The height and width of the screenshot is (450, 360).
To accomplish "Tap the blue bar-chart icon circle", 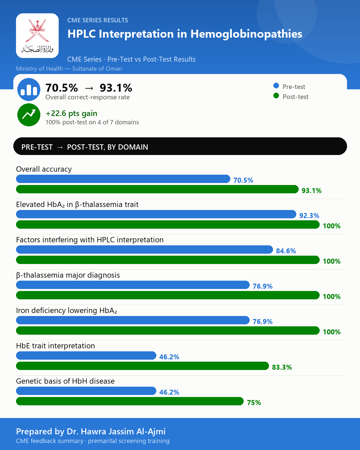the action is coord(29,89).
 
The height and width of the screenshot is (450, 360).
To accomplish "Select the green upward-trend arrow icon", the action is coord(29,115).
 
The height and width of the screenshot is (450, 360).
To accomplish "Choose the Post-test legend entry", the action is coord(291,97).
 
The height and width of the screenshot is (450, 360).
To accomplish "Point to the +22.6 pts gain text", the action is coord(71,113).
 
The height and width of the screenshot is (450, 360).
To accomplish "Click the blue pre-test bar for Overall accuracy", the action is coord(123,179).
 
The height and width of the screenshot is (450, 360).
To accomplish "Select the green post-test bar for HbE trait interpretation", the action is coord(142,366).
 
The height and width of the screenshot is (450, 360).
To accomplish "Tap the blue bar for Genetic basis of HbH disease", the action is coord(86,391).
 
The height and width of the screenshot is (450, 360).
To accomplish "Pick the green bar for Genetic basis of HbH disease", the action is coord(130,401).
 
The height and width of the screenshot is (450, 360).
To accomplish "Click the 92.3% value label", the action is coord(309,216).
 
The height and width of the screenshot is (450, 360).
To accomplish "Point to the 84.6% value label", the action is coord(286,251).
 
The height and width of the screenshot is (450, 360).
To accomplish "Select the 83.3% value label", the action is coord(282,367).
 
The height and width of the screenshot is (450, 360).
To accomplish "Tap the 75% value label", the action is coord(254,403).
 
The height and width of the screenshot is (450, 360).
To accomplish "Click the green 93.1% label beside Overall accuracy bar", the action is coord(311,191).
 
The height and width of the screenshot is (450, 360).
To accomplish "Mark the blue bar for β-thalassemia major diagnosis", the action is coord(133,285).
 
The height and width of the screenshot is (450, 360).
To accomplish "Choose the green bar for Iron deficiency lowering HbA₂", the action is coord(168,330).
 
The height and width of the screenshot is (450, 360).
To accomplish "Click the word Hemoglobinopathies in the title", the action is coord(246,34).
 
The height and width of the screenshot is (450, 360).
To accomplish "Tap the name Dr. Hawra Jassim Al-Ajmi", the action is coord(116,431).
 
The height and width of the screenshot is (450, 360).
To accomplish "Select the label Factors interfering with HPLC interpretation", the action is coord(90,240).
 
